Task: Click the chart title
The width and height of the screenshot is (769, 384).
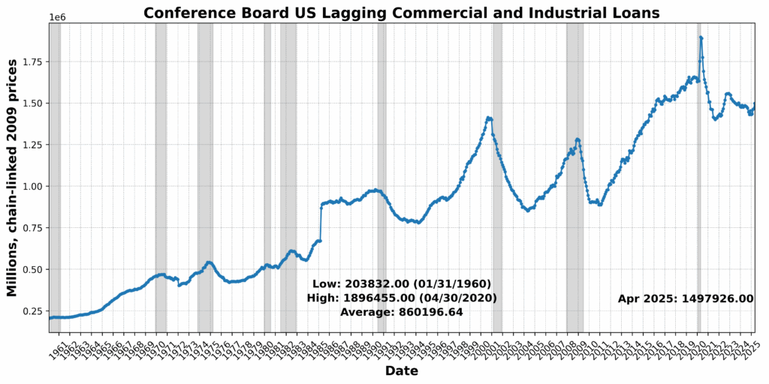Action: click(x=401, y=13)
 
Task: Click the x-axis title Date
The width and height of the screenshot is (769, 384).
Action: click(x=401, y=370)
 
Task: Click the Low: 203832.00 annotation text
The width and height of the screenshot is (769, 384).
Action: click(x=401, y=284)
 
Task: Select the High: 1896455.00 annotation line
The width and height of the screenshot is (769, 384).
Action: click(x=401, y=298)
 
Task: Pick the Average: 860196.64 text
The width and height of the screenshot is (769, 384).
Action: click(x=401, y=312)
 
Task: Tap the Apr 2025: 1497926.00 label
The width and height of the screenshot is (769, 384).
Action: click(x=685, y=298)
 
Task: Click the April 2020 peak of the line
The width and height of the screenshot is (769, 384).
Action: click(x=701, y=37)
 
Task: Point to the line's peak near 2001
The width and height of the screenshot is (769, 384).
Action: click(x=488, y=118)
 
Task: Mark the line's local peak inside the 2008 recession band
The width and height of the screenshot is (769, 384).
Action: click(x=577, y=139)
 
